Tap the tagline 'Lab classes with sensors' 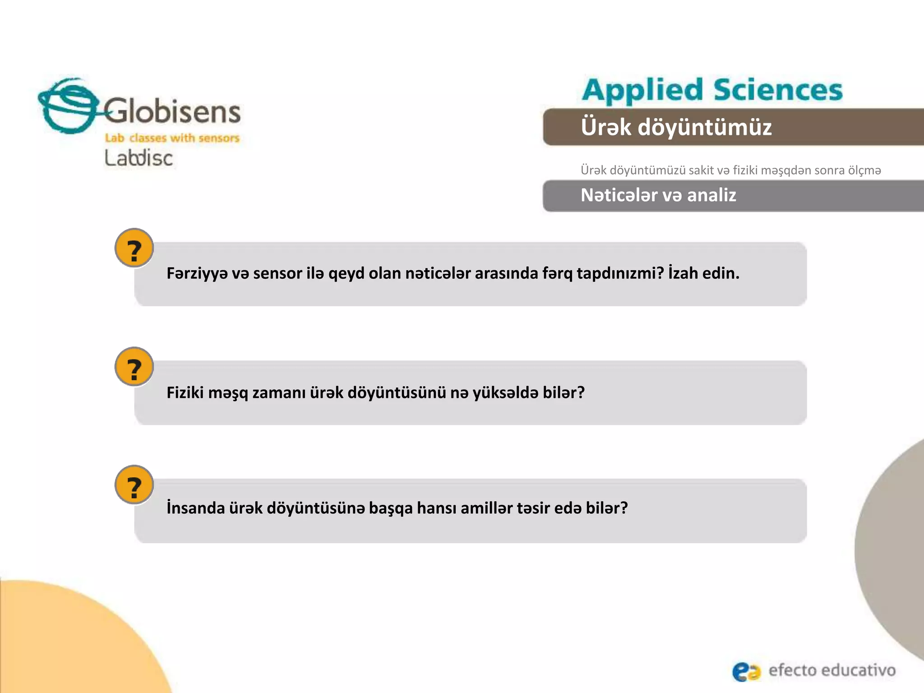click(172, 138)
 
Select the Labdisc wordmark click(139, 158)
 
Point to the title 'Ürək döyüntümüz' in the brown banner click(676, 127)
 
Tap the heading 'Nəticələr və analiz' click(658, 195)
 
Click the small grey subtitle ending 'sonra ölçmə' click(730, 171)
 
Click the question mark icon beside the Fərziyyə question click(134, 248)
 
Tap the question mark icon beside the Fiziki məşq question click(134, 367)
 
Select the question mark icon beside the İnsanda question click(134, 485)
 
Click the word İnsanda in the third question click(195, 508)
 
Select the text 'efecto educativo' click(832, 670)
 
